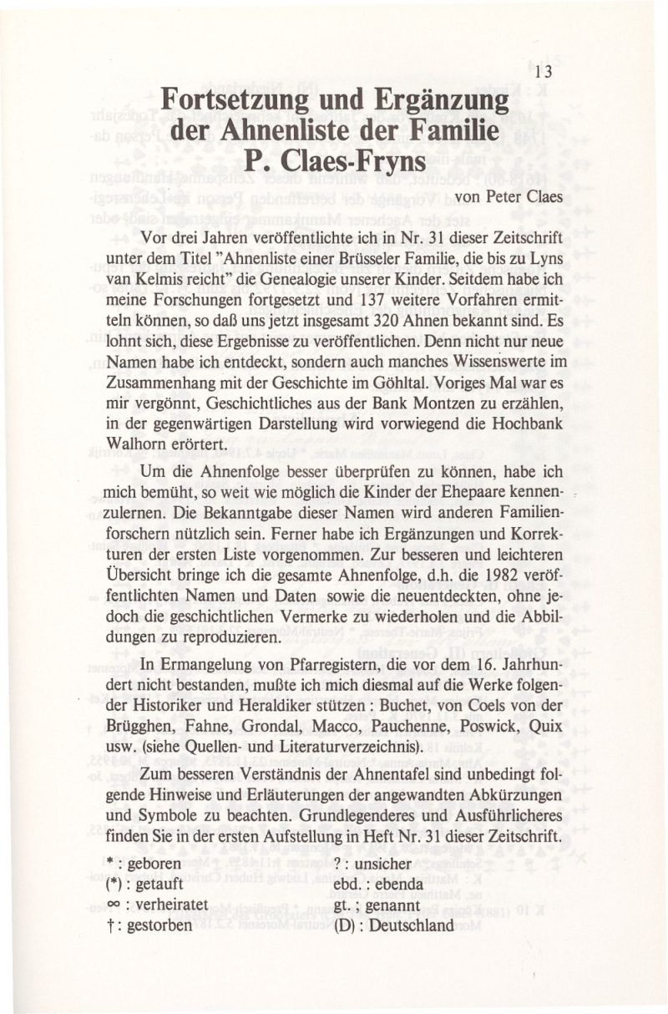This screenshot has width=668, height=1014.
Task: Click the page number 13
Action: click(x=544, y=73)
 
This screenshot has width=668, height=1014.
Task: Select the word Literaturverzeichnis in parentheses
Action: click(x=311, y=749)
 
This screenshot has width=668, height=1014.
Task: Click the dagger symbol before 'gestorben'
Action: click(x=110, y=925)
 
